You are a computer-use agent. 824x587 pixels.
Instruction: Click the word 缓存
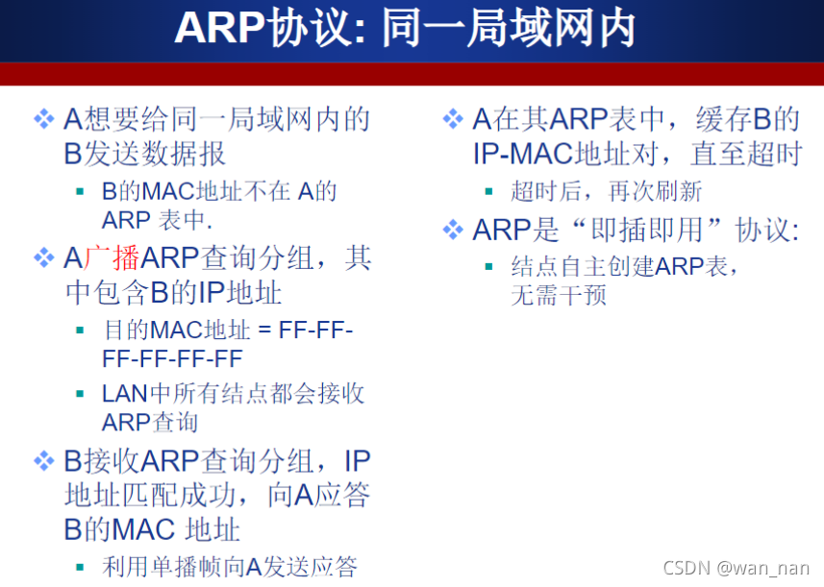pyautogui.click(x=724, y=119)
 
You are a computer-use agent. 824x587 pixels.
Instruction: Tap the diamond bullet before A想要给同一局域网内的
pyautogui.click(x=44, y=119)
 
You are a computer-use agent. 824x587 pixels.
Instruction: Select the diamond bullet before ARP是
pyautogui.click(x=453, y=231)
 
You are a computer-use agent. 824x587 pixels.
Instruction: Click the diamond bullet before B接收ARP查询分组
pyautogui.click(x=44, y=461)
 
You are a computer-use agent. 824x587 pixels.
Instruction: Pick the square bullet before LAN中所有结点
pyautogui.click(x=80, y=394)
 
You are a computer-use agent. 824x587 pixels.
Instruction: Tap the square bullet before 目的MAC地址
pyautogui.click(x=80, y=330)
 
